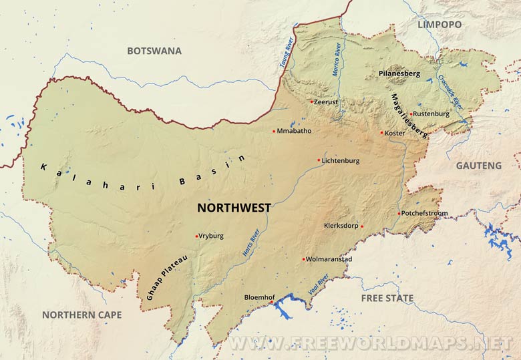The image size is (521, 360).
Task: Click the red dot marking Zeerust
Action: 311,102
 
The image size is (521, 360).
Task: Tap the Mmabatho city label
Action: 295,131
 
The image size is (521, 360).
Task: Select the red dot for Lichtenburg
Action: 319,160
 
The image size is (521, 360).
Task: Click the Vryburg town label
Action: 211,236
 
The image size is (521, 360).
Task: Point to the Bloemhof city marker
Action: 271,303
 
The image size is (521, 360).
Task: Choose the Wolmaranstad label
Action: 329,258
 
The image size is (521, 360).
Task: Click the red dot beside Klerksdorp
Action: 361,226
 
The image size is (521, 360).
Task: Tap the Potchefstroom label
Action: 425,213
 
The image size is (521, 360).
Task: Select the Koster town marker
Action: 381,132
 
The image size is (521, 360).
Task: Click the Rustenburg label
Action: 431,114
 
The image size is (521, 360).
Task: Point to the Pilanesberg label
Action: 399,73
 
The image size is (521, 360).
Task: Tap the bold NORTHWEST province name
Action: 234,208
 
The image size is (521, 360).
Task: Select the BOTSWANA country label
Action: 154,51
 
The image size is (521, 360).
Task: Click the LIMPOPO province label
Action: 439,24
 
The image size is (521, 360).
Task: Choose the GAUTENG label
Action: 478,165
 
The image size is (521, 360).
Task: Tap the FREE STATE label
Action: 387,298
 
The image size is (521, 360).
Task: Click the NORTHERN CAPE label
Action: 81,314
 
